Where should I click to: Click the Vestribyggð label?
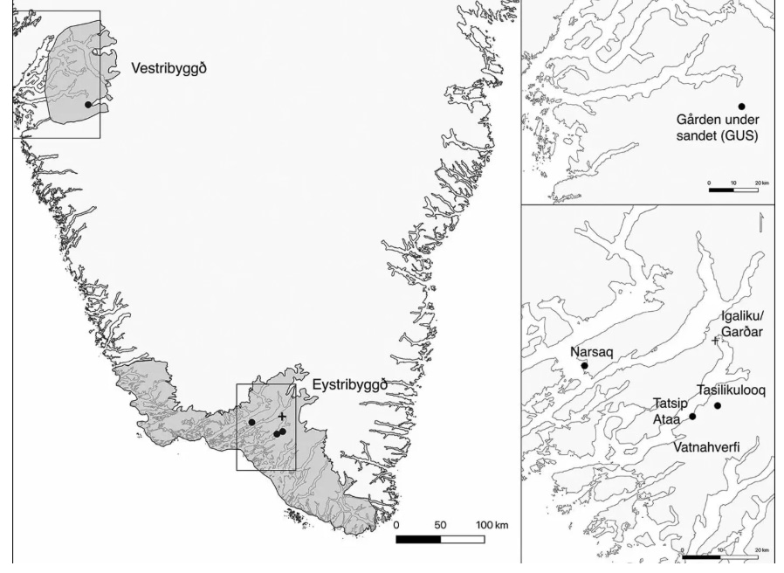coord(169,68)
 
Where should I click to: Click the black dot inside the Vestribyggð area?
coord(88,105)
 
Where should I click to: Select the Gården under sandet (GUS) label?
coord(717,128)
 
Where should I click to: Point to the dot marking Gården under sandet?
coord(742,107)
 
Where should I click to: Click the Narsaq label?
coord(592,352)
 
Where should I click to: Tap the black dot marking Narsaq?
coord(585,366)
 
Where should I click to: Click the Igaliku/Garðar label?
coord(742,323)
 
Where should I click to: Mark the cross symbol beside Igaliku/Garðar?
coord(716,341)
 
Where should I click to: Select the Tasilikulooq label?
coord(732,390)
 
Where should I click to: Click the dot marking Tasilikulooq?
coord(718,405)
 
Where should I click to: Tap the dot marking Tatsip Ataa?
coord(692,417)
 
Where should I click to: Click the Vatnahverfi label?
coord(707,446)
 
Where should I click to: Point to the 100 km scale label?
coord(492,525)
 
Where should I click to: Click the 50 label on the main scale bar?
coord(440,525)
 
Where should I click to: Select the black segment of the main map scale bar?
coord(418,539)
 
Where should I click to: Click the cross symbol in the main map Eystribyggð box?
coord(281,418)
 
